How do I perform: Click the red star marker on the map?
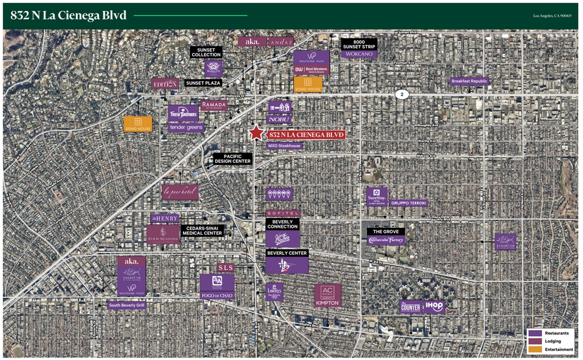point(256,133)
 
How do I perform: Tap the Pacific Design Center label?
point(233,159)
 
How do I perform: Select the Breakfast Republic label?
point(470,81)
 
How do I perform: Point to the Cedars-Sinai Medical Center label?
point(203,231)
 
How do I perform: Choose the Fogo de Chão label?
point(217,296)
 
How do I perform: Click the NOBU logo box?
point(279,120)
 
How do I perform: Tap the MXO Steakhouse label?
point(285,146)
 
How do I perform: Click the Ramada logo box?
point(214,106)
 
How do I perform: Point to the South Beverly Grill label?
point(127,305)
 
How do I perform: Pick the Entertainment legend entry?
point(558,349)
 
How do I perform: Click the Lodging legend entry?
point(554,341)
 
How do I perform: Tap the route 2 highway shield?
point(402,94)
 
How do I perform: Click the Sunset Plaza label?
point(203,83)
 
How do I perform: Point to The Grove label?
point(386,232)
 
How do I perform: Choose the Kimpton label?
point(328,303)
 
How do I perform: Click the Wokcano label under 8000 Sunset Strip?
point(359,54)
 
